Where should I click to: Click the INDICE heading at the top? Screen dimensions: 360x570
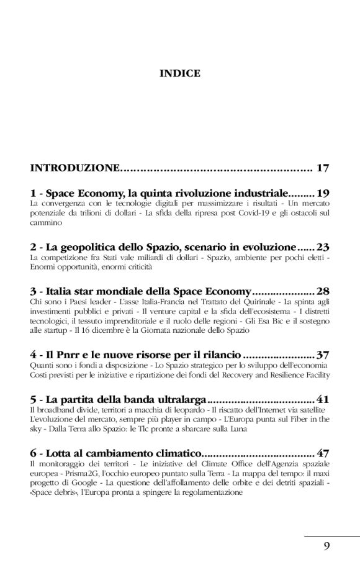(x=180, y=73)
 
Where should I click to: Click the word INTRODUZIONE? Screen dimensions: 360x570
(x=74, y=168)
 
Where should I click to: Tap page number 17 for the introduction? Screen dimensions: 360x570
(x=322, y=168)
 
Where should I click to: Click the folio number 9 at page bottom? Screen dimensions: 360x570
(x=326, y=546)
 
